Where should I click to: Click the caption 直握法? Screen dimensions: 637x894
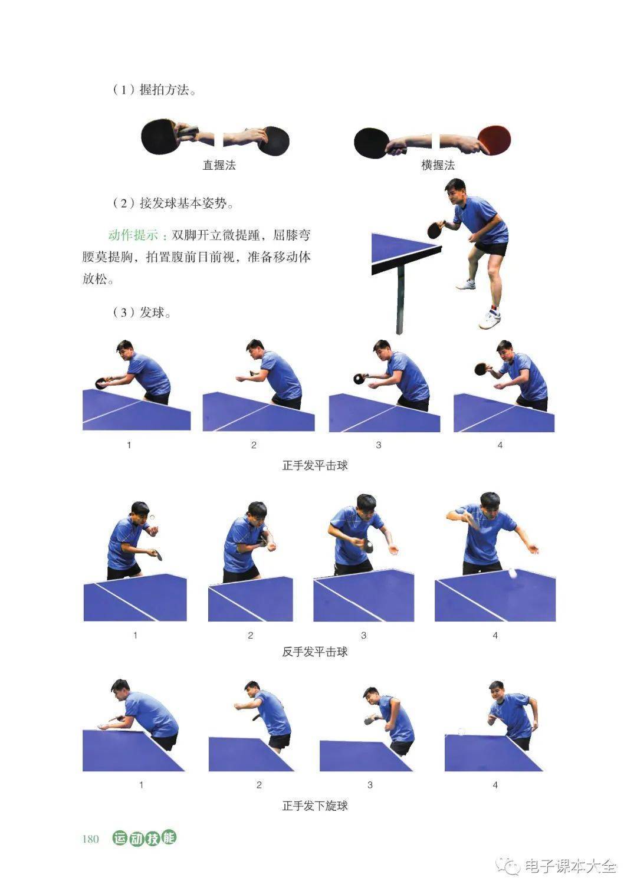[x=219, y=165]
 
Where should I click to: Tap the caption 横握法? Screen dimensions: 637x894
[x=438, y=165]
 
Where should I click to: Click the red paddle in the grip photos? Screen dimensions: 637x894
[x=494, y=140]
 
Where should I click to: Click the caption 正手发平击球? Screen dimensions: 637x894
[x=315, y=465]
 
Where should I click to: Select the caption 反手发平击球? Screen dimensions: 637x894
[x=315, y=652]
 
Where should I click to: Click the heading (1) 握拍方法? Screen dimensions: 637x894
[x=154, y=90]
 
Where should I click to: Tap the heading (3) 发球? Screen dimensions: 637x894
[x=142, y=312]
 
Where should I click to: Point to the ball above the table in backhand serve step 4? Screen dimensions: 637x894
[x=513, y=574]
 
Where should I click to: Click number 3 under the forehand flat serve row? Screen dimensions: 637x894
[x=379, y=445]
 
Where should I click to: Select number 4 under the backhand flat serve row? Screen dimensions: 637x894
[x=495, y=635]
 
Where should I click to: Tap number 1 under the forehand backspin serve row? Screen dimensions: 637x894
[x=141, y=785]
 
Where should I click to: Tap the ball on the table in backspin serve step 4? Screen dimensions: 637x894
[x=462, y=731]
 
